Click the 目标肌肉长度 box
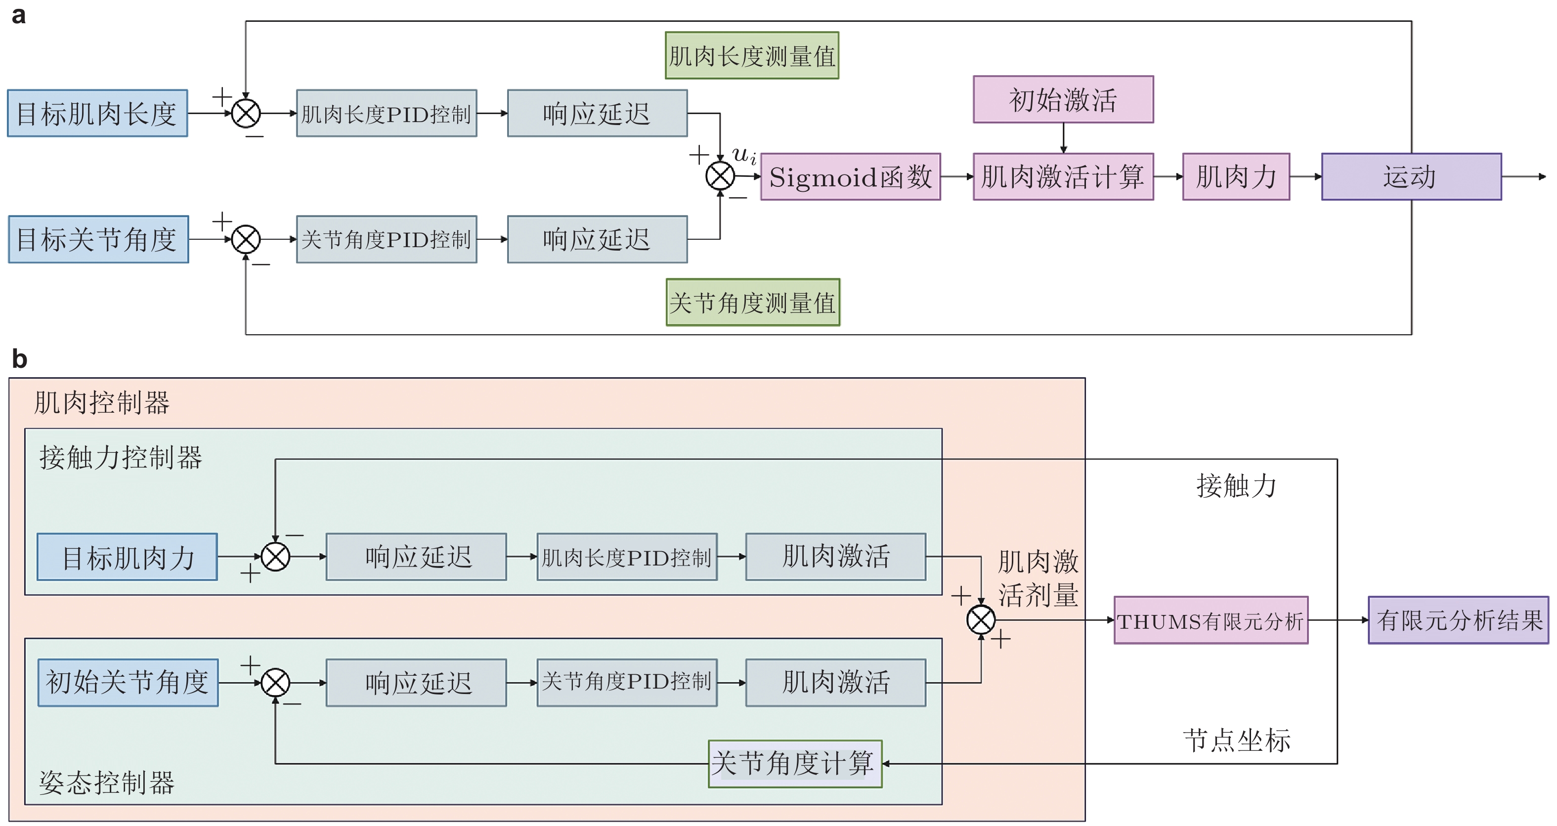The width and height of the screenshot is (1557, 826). click(x=97, y=114)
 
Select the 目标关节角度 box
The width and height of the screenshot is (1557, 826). click(x=98, y=239)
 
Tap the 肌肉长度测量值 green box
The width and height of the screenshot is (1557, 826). click(x=751, y=55)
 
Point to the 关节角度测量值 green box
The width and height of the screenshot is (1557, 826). click(x=752, y=303)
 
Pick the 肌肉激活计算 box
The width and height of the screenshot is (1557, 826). click(x=1063, y=177)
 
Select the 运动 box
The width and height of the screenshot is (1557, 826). click(x=1411, y=177)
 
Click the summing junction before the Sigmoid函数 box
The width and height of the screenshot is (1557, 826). click(x=720, y=176)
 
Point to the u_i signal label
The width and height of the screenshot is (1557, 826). click(x=743, y=155)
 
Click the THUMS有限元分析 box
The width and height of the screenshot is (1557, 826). click(x=1211, y=620)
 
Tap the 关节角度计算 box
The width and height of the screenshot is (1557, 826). click(x=794, y=764)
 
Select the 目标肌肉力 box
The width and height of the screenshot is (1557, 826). click(x=127, y=557)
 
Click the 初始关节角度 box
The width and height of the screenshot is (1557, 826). click(x=128, y=683)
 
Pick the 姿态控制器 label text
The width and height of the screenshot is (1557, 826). click(x=107, y=783)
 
